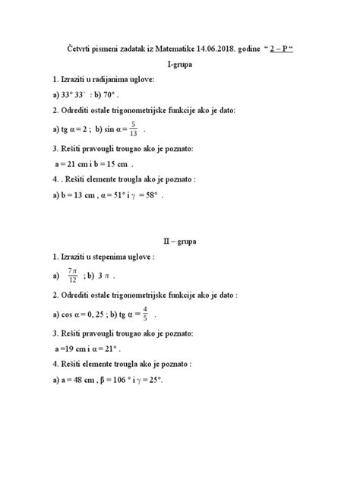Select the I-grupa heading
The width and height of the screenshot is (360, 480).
pos(180,65)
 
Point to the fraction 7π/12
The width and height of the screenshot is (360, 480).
pos(73,274)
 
